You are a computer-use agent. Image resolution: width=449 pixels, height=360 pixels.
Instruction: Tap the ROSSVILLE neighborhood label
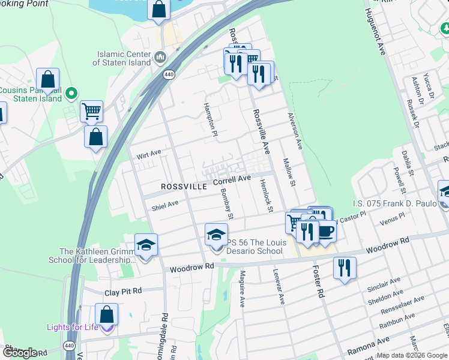point(184,187)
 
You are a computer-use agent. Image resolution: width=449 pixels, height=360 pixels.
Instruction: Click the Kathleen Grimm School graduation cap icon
point(146,245)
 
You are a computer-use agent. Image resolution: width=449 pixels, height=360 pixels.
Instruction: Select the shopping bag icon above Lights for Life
point(106,314)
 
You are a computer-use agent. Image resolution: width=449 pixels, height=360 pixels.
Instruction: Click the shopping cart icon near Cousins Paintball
point(91,111)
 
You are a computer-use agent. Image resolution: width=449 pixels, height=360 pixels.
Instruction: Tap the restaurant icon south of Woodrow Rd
point(345,268)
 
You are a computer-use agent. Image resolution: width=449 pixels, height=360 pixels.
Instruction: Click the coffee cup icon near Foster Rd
point(325,231)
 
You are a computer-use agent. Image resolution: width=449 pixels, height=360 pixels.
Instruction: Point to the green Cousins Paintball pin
point(71,93)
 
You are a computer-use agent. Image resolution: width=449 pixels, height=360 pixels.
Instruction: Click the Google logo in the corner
point(20,353)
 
